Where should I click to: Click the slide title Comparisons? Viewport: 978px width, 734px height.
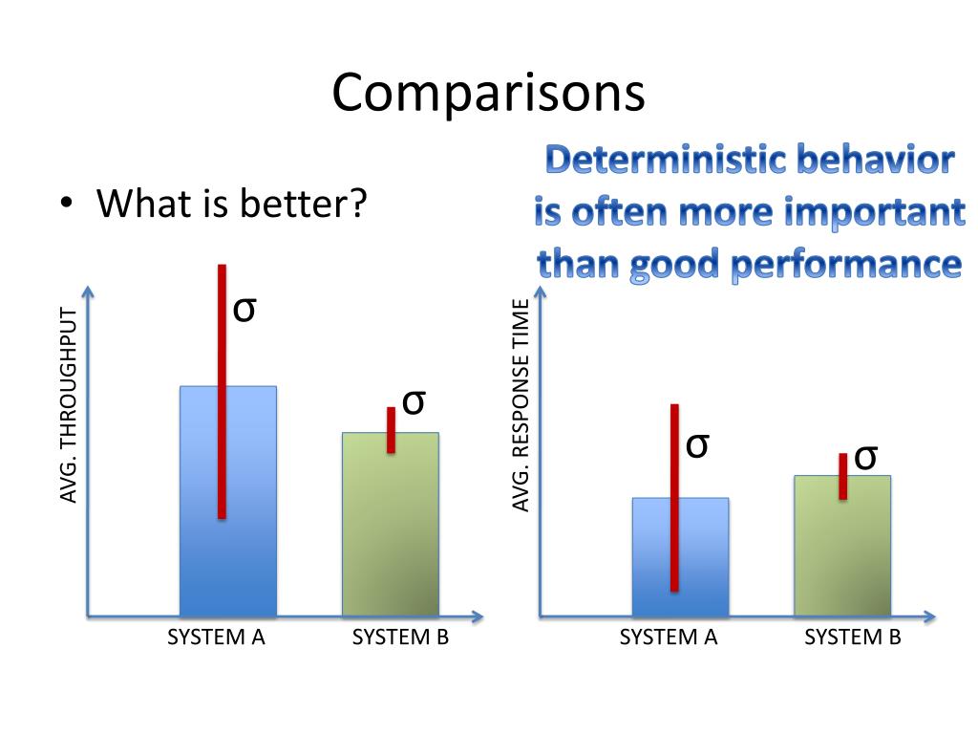point(488,94)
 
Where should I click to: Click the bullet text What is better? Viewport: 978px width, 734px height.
point(232,204)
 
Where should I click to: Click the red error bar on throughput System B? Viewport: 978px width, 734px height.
point(391,429)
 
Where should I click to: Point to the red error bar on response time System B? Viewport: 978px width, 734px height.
point(843,475)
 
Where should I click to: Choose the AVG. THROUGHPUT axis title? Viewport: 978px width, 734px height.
point(68,405)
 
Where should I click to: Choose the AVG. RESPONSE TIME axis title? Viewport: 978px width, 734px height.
point(521,404)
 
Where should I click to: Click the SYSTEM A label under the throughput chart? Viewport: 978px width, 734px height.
point(216,637)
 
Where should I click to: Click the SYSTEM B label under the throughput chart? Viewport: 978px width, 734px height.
point(400,637)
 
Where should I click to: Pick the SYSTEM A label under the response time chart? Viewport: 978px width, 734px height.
point(669,637)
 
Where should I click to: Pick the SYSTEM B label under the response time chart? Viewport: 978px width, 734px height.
point(853,637)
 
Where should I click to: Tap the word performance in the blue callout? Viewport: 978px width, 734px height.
point(845,263)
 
